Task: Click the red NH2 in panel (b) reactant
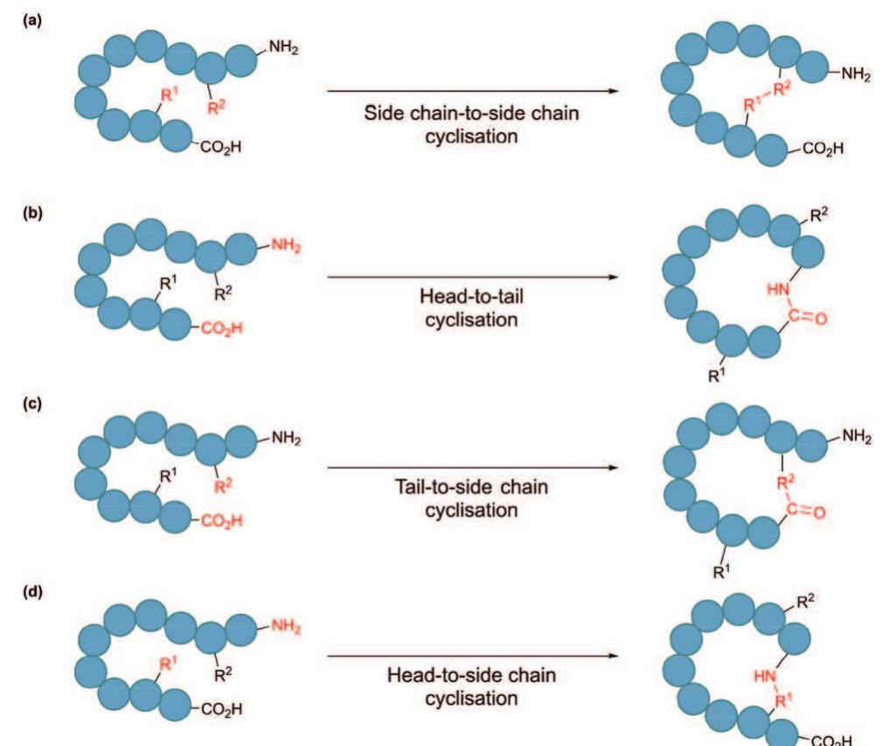point(283,247)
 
